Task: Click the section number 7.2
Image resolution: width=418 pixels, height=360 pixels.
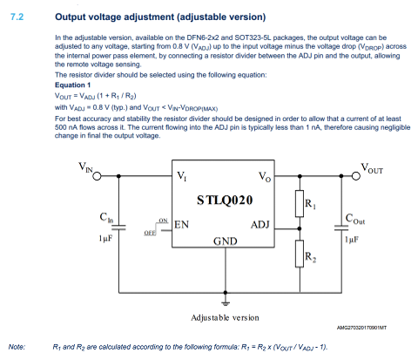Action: (x=17, y=17)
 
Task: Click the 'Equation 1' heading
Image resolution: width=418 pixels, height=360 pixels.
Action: (x=72, y=85)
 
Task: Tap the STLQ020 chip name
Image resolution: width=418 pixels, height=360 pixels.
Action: (x=225, y=200)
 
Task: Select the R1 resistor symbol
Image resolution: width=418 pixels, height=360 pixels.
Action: (x=300, y=203)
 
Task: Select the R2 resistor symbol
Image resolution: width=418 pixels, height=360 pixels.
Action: (x=300, y=254)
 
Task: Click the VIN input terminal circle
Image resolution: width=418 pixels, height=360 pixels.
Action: (x=97, y=176)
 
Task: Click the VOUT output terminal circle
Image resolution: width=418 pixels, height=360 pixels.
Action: (x=356, y=176)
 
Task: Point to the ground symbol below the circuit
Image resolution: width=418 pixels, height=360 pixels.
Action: (x=226, y=302)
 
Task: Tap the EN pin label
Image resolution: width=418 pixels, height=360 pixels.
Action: (x=181, y=225)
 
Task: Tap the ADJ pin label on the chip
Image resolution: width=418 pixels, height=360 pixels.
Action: (x=260, y=225)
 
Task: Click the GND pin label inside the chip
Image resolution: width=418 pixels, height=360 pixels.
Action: (x=226, y=241)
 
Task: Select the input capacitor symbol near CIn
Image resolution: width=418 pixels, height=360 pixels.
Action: (x=118, y=228)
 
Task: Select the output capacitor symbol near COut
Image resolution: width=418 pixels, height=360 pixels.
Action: (x=341, y=228)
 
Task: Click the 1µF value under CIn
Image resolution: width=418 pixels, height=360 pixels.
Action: (x=105, y=239)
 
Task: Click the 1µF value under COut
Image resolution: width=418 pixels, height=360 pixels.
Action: (x=352, y=240)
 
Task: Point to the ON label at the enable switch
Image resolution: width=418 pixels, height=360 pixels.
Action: (x=163, y=221)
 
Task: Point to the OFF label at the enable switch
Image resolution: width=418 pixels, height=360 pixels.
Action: (x=150, y=233)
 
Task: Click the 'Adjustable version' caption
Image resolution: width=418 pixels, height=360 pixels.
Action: (x=225, y=318)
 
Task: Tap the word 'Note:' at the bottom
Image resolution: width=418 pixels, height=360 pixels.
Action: (x=17, y=347)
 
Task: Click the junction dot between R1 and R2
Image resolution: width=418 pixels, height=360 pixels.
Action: (x=300, y=229)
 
